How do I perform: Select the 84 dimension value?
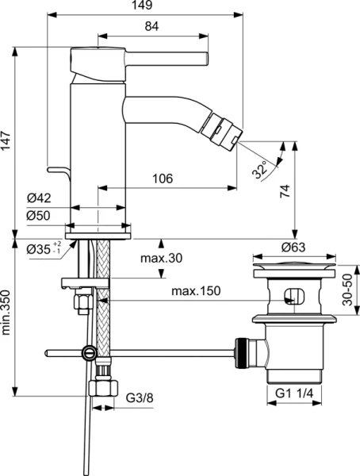(x=152, y=27)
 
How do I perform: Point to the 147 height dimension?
(x=8, y=142)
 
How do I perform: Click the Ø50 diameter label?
(x=38, y=216)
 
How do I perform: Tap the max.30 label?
(x=163, y=258)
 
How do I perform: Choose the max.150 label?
(x=193, y=291)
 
